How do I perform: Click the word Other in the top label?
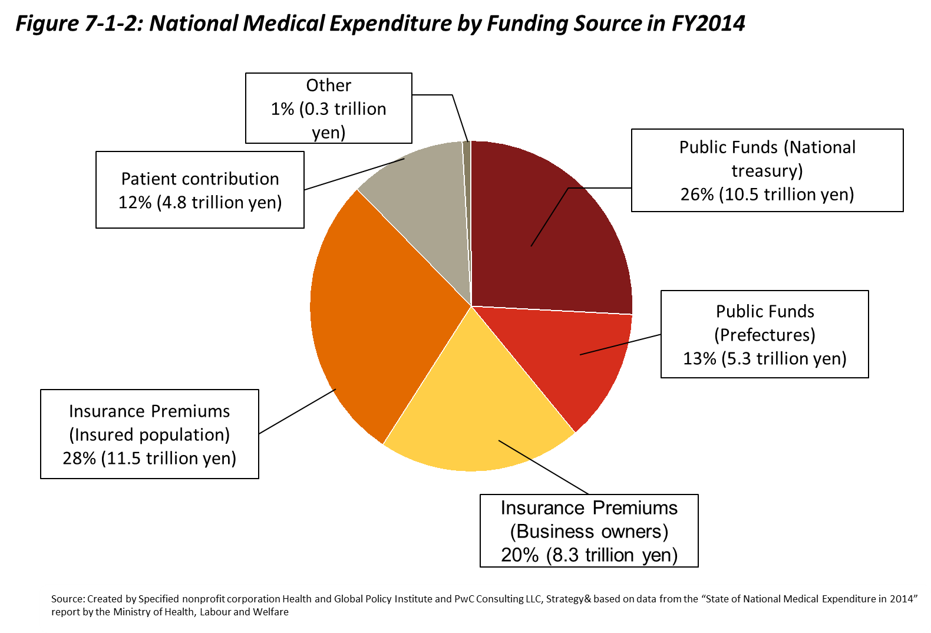point(328,85)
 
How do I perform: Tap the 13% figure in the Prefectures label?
point(699,358)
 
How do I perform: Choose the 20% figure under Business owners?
point(519,555)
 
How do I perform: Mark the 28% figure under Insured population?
point(79,458)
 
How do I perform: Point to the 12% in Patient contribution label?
point(135,202)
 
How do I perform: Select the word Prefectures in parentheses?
point(765,335)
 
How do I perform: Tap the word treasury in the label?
point(767,171)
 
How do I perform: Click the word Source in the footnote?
point(67,599)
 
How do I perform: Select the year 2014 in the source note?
point(902,599)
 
